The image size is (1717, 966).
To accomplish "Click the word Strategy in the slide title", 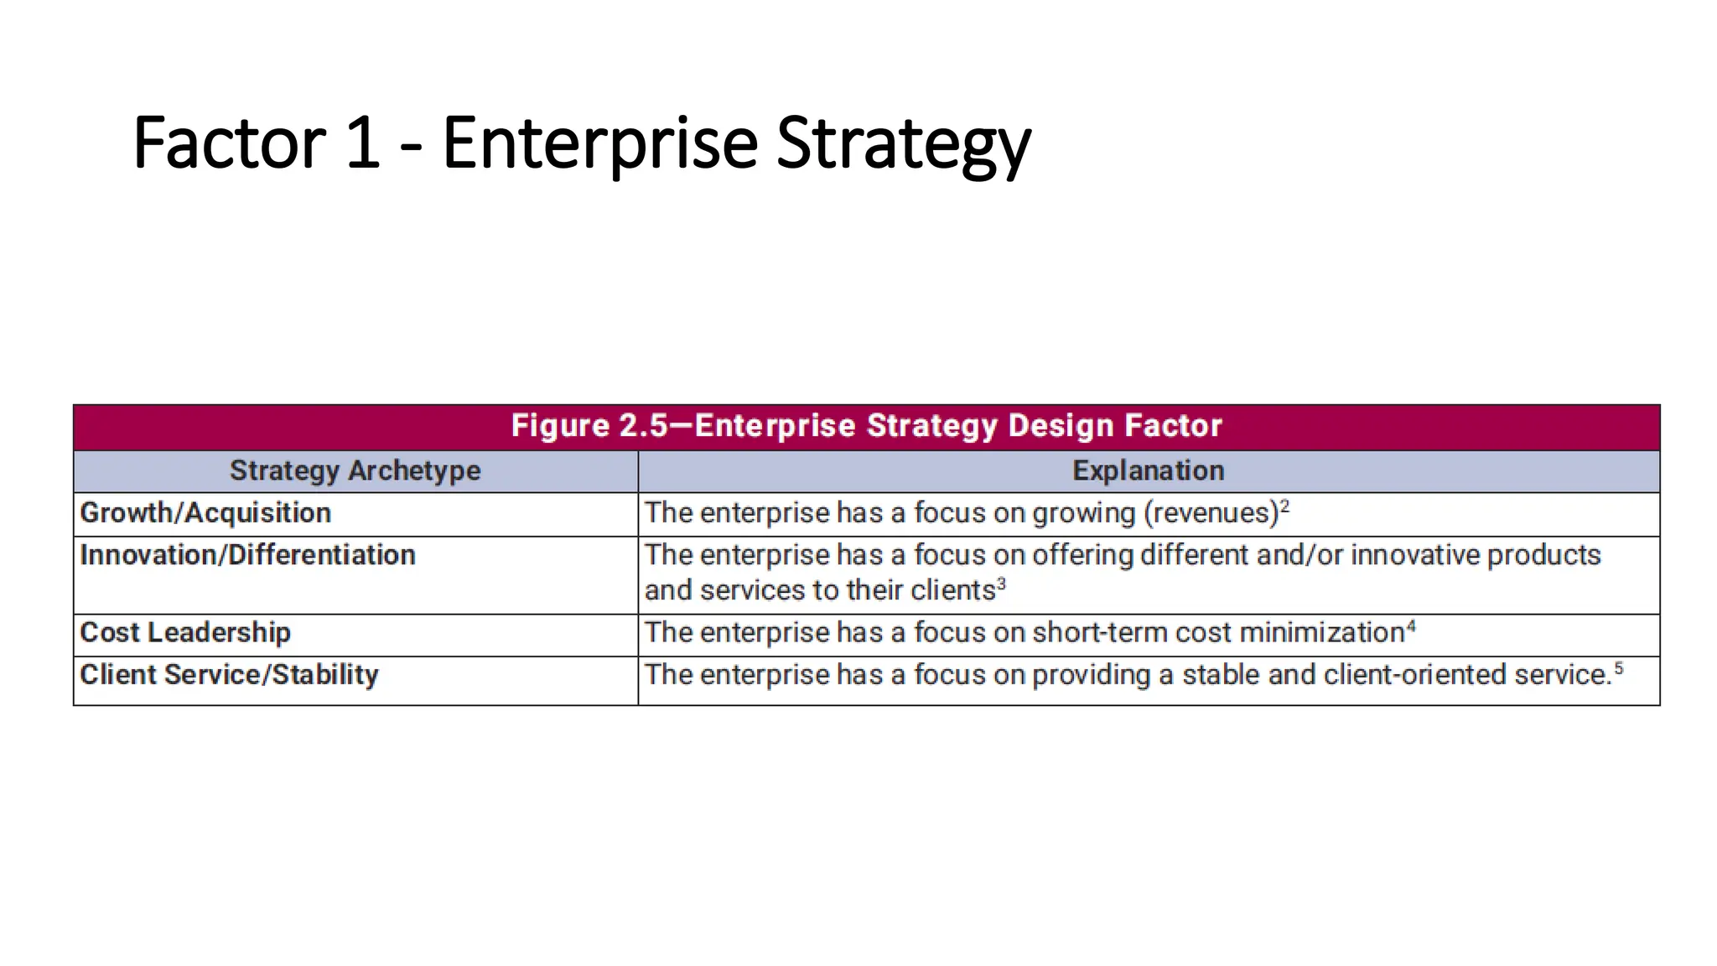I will tap(903, 144).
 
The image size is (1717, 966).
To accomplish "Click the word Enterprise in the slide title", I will tap(599, 144).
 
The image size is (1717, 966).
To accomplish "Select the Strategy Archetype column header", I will tap(355, 471).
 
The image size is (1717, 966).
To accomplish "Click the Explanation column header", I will tap(1148, 471).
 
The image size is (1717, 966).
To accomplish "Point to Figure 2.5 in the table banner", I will tap(589, 426).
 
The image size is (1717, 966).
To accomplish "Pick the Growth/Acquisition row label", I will tap(205, 513).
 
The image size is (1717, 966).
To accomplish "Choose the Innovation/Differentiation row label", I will tap(247, 555).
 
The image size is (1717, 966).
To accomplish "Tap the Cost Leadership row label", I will tap(185, 632).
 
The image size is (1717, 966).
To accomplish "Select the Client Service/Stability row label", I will tap(229, 675).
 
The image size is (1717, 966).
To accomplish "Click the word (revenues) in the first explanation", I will tap(1211, 513).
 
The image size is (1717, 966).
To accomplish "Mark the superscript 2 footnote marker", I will tap(1284, 506).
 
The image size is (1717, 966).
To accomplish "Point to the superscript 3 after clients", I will tap(1001, 583).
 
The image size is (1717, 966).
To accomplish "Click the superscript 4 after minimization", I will tap(1411, 626).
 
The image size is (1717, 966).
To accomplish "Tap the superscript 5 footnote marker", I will tap(1619, 668).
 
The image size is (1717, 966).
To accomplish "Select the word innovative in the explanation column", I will tap(1415, 555).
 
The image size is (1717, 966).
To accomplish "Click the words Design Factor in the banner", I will tap(1114, 426).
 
